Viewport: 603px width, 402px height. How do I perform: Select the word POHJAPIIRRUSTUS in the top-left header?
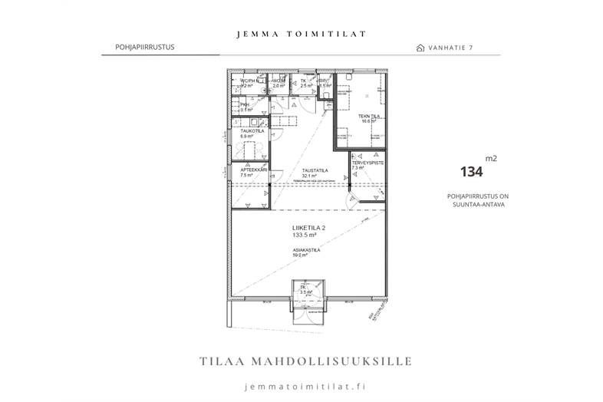click(138, 47)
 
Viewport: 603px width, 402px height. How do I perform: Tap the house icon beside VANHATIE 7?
click(420, 48)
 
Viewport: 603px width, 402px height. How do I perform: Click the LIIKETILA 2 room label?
click(309, 228)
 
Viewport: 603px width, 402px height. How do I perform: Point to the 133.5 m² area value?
click(305, 236)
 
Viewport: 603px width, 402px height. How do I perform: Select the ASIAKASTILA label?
click(305, 250)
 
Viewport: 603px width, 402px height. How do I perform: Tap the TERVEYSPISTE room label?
click(367, 163)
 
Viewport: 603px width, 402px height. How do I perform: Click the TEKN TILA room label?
click(370, 116)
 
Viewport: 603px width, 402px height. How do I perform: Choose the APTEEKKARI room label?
click(252, 170)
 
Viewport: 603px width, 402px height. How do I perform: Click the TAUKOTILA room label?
click(252, 131)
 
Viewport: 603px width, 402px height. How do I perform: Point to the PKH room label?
click(245, 105)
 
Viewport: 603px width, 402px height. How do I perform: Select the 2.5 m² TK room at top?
click(305, 83)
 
